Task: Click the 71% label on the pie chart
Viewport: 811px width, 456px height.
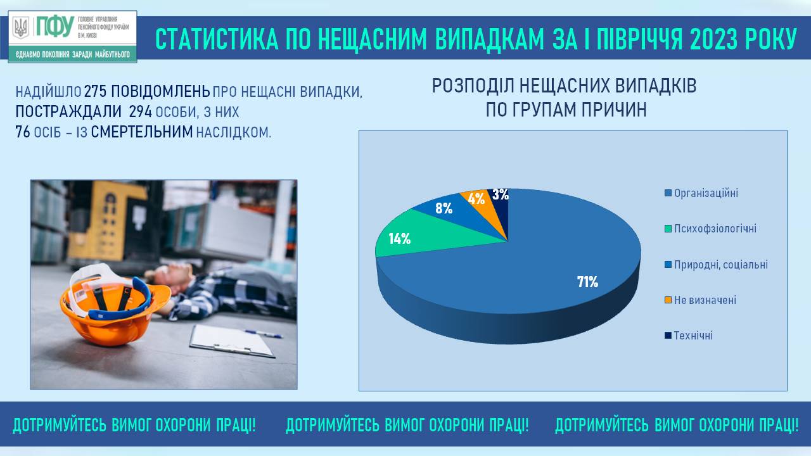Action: [587, 282]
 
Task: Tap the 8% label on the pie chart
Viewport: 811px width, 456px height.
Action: [444, 208]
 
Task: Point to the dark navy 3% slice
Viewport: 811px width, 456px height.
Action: [501, 203]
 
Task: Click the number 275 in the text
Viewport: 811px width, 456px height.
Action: [95, 92]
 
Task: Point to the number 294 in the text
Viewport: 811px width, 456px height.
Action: [140, 112]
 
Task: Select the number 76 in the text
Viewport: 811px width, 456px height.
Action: [23, 132]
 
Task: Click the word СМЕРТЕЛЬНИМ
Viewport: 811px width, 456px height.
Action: [142, 132]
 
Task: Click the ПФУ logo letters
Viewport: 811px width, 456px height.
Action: [55, 26]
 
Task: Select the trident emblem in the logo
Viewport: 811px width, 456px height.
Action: [21, 27]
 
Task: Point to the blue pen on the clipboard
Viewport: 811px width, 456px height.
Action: [263, 334]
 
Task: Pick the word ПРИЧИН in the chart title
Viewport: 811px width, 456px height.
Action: [614, 110]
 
